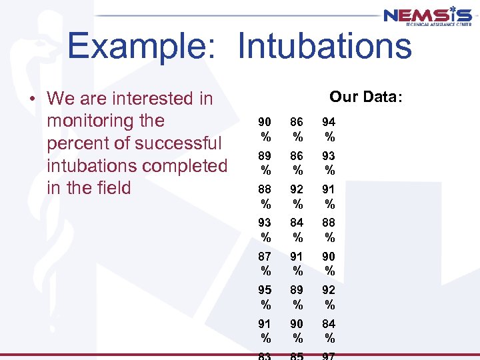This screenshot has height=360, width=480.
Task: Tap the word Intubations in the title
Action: (325, 47)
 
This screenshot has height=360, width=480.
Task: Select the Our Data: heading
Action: (366, 97)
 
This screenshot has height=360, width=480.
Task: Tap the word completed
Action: (184, 165)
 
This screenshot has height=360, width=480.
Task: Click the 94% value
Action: (329, 129)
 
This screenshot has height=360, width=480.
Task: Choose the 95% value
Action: (265, 297)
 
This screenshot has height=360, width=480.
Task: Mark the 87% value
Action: (265, 263)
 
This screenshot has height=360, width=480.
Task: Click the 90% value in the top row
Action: (265, 129)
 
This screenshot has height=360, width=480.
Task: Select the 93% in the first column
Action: (265, 229)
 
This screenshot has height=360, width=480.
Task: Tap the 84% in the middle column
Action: (297, 229)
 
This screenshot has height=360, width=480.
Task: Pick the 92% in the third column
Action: (329, 297)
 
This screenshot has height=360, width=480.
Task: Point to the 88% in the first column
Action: (265, 196)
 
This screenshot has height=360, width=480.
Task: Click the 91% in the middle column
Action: (297, 263)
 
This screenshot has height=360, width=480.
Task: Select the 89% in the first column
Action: (265, 162)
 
